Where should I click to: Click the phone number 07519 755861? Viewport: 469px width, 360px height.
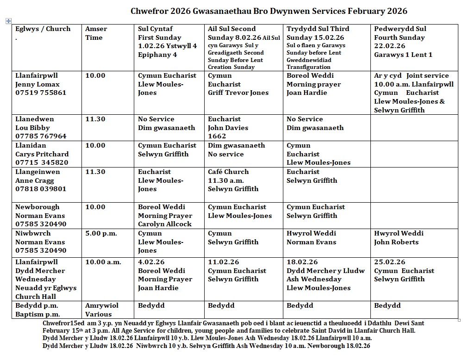[x=41, y=93]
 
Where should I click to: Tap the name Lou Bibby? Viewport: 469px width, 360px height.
[x=32, y=128]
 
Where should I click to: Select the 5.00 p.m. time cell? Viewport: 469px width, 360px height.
[x=101, y=233]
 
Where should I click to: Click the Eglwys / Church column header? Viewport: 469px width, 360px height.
[x=43, y=29]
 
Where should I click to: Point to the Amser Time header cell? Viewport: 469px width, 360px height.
[x=96, y=33]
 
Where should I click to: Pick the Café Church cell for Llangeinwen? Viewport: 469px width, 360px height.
[x=233, y=180]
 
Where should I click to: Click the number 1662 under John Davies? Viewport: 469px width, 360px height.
[x=217, y=136]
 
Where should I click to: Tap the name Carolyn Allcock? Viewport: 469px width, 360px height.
[x=165, y=224]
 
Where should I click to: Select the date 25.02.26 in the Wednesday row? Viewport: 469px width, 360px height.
[x=389, y=262]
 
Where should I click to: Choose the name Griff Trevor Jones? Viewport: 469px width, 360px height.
[x=238, y=93]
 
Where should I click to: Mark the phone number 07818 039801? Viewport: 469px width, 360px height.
[x=41, y=189]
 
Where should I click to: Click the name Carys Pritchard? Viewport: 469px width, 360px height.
[x=42, y=154]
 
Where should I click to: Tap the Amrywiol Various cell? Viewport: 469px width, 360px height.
[x=101, y=310]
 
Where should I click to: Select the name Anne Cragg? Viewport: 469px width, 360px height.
[x=34, y=180]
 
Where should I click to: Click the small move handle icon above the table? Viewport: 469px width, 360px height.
[x=8, y=21]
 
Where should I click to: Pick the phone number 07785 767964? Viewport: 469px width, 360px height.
[x=41, y=136]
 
